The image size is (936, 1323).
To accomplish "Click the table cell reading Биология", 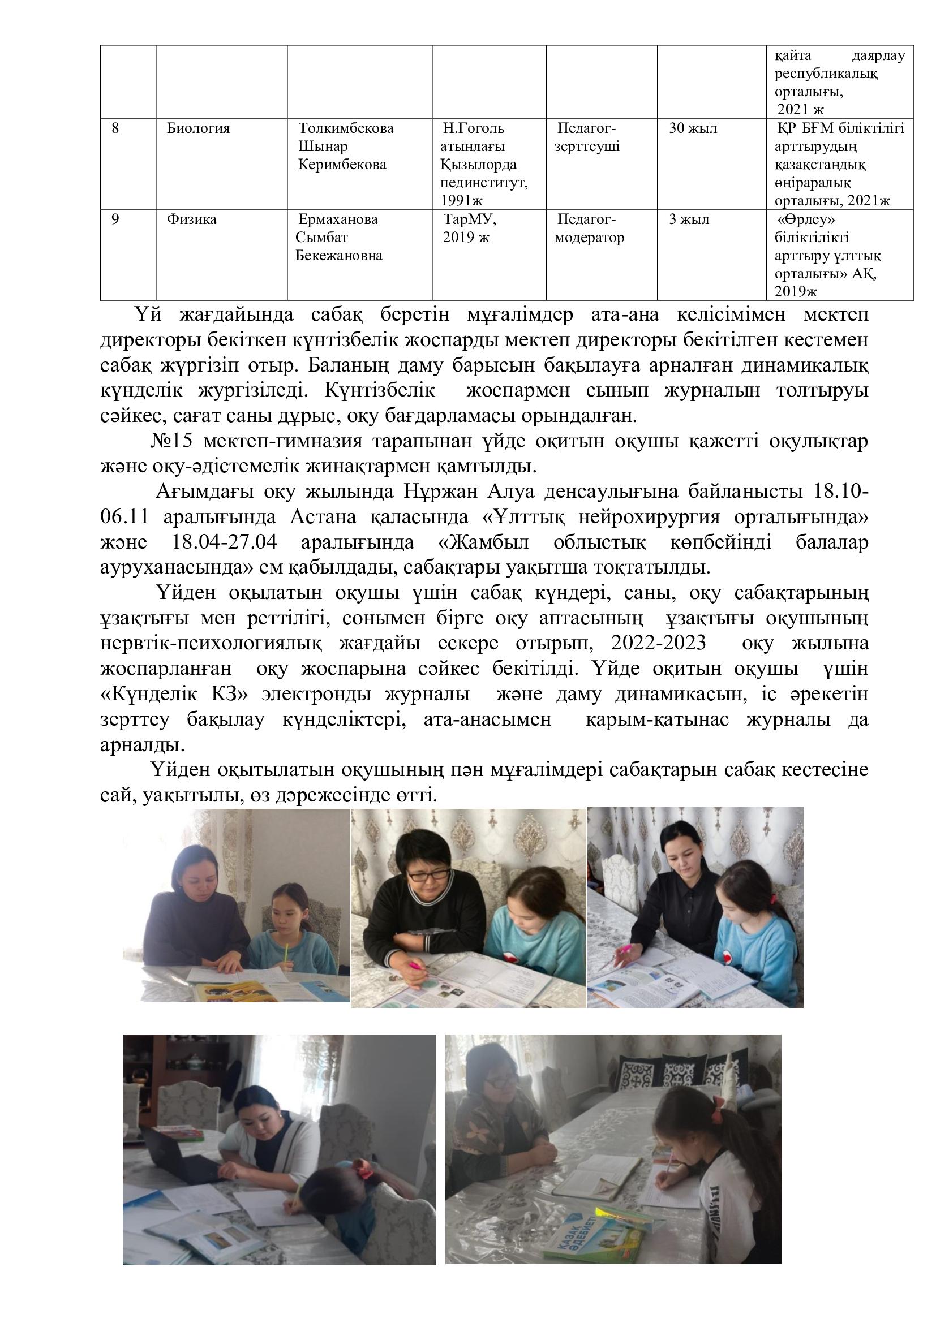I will [198, 128].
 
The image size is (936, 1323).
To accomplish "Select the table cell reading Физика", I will [191, 219].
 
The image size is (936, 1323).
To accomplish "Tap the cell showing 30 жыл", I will [693, 128].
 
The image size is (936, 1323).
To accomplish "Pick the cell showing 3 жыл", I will [689, 219].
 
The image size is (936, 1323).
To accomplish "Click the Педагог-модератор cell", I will [589, 229].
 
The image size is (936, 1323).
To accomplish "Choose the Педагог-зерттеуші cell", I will [587, 137].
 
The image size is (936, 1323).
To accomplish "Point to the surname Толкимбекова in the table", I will [346, 128].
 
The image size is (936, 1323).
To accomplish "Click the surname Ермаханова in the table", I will [338, 219].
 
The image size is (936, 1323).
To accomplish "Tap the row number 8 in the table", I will [115, 128].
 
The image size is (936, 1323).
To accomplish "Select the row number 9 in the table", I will [115, 219].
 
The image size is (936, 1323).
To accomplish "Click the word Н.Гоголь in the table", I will [473, 128].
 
